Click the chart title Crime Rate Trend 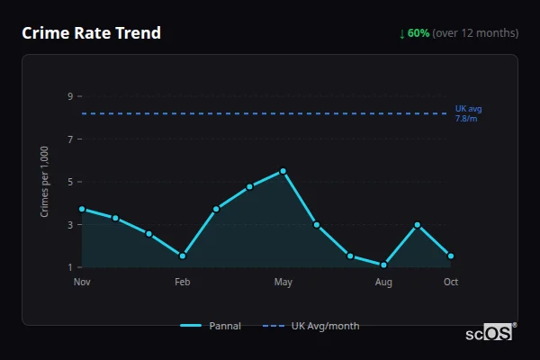pos(92,33)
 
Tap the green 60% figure pos(418,33)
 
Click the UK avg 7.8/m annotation pos(468,113)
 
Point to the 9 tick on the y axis pos(69,96)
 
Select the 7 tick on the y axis pos(69,139)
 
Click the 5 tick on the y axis pos(69,182)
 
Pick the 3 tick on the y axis pos(69,225)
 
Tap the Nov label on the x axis pos(82,283)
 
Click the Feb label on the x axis pos(182,283)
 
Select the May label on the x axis pos(283,283)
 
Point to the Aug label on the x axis pos(383,283)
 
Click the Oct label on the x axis pos(451,283)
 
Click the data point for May pos(283,171)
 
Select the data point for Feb pos(183,256)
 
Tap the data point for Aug pos(383,265)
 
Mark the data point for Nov pos(82,209)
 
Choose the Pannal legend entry pos(211,326)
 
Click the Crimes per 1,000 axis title pos(45,182)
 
